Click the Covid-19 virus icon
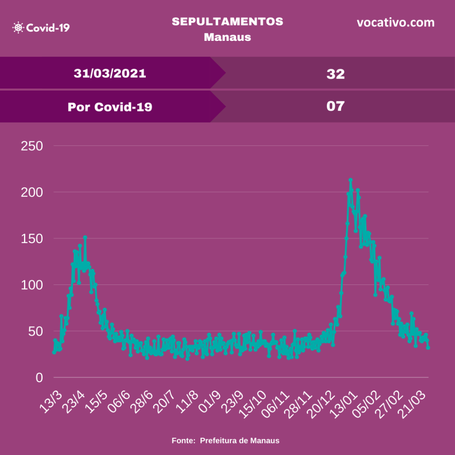[18, 28]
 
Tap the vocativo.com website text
[395, 23]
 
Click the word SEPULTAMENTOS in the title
[227, 22]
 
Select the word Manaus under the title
[227, 37]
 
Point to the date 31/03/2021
[110, 73]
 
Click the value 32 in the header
[335, 74]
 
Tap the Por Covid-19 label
[110, 107]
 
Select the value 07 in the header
[335, 106]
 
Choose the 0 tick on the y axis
[39, 378]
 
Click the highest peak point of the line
[351, 180]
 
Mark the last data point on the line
[428, 348]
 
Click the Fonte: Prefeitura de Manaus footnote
[226, 441]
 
